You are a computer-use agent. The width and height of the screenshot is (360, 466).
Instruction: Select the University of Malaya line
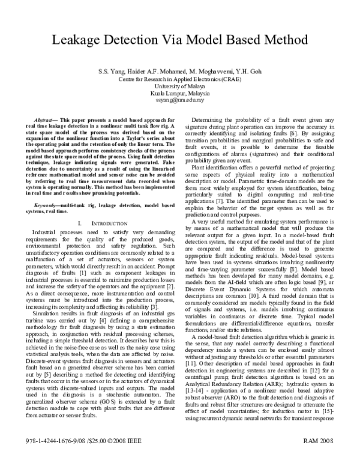(179, 86)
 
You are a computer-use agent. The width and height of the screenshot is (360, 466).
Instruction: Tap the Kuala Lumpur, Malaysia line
(179, 94)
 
